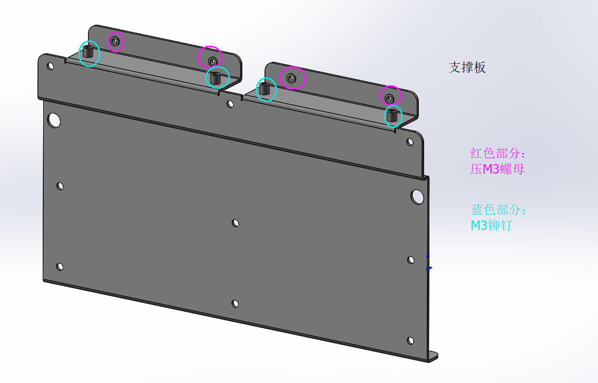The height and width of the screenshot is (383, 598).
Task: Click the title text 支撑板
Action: [x=467, y=68]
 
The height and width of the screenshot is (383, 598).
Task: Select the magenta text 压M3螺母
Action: [x=497, y=169]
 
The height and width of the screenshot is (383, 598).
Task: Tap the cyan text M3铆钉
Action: [x=491, y=226]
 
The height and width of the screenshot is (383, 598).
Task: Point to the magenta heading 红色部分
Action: [x=498, y=154]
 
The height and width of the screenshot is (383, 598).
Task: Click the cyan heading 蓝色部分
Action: [x=498, y=210]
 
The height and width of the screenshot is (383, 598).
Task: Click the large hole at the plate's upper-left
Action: [x=54, y=120]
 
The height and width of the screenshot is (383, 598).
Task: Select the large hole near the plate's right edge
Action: [x=417, y=197]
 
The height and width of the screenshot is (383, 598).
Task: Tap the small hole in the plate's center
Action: [x=236, y=223]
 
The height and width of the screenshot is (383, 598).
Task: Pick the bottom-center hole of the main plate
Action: [x=235, y=303]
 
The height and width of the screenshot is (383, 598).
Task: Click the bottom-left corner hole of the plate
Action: [x=60, y=266]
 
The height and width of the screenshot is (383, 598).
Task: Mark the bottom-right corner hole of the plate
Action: [x=411, y=340]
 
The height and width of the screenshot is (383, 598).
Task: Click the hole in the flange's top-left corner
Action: [x=51, y=66]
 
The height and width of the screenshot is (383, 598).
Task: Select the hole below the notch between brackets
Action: [x=230, y=103]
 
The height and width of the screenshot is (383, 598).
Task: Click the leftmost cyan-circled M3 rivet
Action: [x=90, y=52]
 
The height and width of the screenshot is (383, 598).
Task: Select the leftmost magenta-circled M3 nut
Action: [x=115, y=41]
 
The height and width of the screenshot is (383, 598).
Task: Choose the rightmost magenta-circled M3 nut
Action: [x=389, y=98]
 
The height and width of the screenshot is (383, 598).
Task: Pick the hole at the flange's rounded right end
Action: [x=410, y=141]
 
